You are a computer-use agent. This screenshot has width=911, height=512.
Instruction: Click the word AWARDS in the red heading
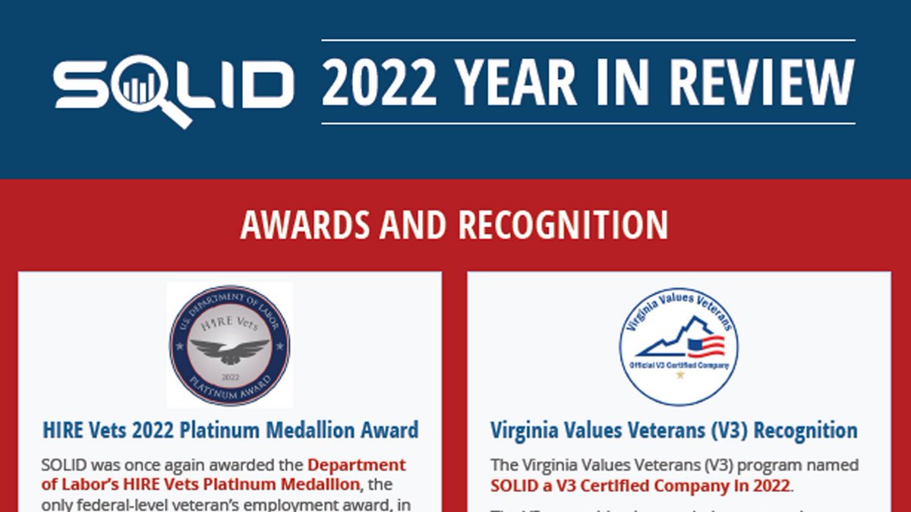click(x=303, y=225)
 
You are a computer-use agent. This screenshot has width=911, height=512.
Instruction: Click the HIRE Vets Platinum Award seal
click(x=229, y=346)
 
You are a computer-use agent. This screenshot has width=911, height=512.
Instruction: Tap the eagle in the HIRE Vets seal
click(x=229, y=350)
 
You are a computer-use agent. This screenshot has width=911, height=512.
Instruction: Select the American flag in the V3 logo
click(x=705, y=347)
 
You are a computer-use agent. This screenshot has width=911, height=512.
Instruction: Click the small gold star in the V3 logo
click(x=679, y=375)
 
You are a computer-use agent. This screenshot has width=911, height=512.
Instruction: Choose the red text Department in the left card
click(x=356, y=465)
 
